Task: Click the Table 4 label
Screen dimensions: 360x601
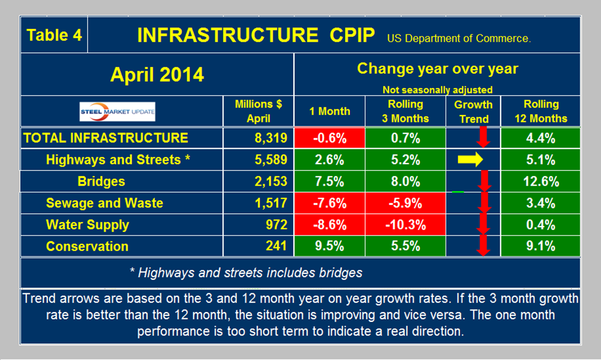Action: point(54,35)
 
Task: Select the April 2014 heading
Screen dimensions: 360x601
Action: point(157,75)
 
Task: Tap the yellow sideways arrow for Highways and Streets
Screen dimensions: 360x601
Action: point(471,160)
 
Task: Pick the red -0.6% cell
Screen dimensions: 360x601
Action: point(329,138)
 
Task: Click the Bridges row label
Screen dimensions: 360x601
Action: point(101,182)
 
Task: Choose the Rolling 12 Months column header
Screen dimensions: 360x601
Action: point(541,112)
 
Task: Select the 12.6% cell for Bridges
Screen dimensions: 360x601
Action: point(541,182)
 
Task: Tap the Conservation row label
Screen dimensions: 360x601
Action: point(87,247)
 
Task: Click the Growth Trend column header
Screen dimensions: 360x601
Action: point(473,112)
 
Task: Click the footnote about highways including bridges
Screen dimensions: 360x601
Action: point(246,273)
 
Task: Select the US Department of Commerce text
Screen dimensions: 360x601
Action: point(459,39)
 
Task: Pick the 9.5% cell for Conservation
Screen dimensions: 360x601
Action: point(329,247)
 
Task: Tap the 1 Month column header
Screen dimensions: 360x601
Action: point(329,112)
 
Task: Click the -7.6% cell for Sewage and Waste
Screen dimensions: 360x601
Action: point(329,203)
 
